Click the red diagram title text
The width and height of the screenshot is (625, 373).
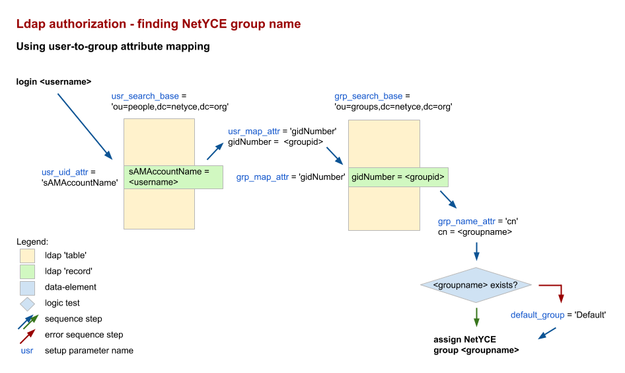click(159, 24)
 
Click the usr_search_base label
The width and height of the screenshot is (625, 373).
click(145, 97)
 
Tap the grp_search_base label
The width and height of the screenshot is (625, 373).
click(369, 97)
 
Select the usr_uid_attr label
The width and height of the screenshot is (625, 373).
click(65, 173)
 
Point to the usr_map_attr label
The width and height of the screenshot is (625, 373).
click(254, 132)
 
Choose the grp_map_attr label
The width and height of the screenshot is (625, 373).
click(262, 177)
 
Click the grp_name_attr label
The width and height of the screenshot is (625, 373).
click(466, 222)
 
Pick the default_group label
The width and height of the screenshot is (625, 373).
click(538, 315)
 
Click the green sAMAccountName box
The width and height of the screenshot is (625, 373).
click(173, 177)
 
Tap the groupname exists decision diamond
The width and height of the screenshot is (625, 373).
click(476, 285)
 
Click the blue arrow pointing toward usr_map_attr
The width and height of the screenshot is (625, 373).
click(215, 152)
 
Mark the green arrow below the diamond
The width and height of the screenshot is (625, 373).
click(476, 317)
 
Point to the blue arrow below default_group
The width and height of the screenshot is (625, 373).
click(546, 333)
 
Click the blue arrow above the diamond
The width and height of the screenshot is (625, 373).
click(476, 251)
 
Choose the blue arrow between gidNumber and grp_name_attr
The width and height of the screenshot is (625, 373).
click(448, 199)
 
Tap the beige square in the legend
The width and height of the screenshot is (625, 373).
click(27, 256)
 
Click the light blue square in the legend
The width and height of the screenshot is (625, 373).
click(27, 288)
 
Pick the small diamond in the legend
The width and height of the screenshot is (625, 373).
click(27, 304)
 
